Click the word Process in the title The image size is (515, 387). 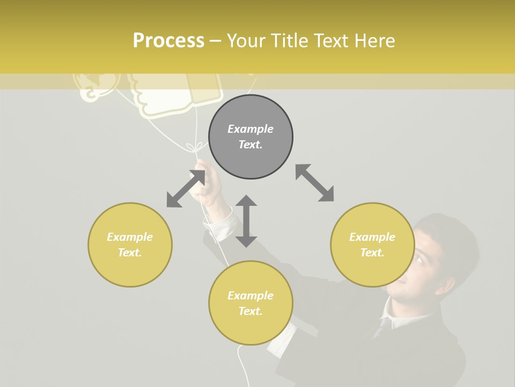tap(168, 41)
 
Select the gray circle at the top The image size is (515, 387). tap(251, 137)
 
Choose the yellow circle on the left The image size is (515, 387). tap(130, 245)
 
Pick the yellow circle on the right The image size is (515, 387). tap(372, 245)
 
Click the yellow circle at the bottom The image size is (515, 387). tap(251, 303)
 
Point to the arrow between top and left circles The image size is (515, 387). tap(186, 188)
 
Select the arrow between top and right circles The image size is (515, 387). tap(314, 183)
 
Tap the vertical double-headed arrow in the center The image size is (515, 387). tap(246, 221)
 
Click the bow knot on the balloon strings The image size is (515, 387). tap(194, 146)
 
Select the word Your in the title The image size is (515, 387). tap(246, 41)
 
